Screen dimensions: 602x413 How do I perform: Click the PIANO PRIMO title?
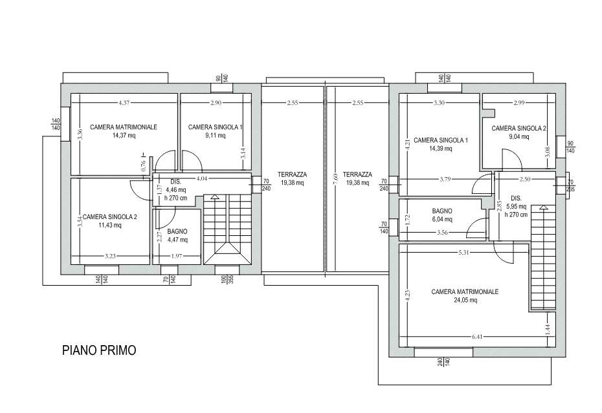tap(99, 350)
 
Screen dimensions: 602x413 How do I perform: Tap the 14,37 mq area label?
tap(124, 135)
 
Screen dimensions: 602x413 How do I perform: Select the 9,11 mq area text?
tap(215, 135)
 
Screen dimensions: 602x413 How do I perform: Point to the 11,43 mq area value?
tap(110, 226)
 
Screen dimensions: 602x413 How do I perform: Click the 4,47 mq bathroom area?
tap(177, 240)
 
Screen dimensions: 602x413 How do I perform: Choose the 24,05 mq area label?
tap(465, 301)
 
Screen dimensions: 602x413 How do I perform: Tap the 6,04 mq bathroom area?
tap(442, 219)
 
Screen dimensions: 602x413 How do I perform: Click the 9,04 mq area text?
tap(518, 137)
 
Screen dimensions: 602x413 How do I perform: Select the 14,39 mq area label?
tap(440, 149)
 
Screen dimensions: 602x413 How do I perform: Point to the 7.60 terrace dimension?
tap(335, 180)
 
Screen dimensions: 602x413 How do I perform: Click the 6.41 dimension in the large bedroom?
tap(477, 337)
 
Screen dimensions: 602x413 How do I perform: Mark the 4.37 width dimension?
tap(124, 102)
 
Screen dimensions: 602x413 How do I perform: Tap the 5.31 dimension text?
tap(464, 252)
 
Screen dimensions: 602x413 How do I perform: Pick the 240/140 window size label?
tap(444, 361)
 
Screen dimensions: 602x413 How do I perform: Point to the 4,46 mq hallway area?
tap(176, 190)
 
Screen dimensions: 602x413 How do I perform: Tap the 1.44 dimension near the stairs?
tap(548, 330)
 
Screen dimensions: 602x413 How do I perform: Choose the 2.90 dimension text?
tap(216, 102)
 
